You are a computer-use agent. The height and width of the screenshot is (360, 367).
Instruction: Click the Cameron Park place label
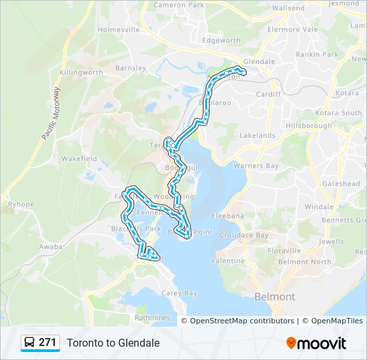coord(178,5)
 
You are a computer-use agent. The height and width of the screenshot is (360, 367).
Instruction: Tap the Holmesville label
coord(118,30)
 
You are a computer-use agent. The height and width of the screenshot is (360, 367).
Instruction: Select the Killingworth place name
coord(81,72)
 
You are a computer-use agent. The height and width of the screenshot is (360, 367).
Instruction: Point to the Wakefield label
coord(79,159)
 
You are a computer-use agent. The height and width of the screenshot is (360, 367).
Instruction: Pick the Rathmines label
coord(152,318)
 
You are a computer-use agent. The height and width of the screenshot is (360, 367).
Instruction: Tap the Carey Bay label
coord(179,293)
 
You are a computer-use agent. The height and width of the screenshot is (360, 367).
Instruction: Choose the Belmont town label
coord(275,297)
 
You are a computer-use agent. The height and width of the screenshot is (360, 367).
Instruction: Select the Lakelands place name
coord(257,135)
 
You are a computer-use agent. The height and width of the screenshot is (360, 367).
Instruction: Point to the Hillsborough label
coord(308,125)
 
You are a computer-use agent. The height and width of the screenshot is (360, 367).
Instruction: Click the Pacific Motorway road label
coord(51,113)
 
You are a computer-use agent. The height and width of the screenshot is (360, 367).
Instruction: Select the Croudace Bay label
coord(244,235)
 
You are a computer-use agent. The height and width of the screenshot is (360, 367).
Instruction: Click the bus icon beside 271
coord(30,343)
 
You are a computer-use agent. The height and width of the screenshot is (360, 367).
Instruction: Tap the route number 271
coord(47,343)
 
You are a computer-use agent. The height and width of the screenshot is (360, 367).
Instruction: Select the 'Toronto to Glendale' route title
coord(113,343)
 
